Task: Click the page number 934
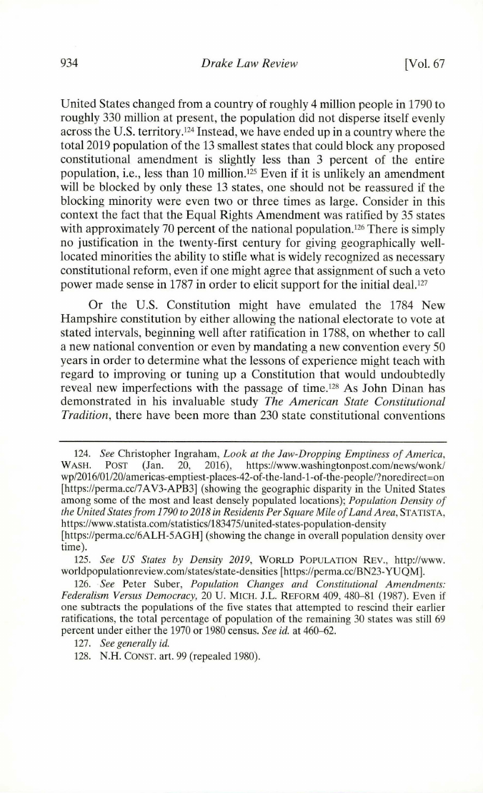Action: pyautogui.click(x=69, y=64)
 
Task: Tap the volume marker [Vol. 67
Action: pyautogui.click(x=424, y=64)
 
